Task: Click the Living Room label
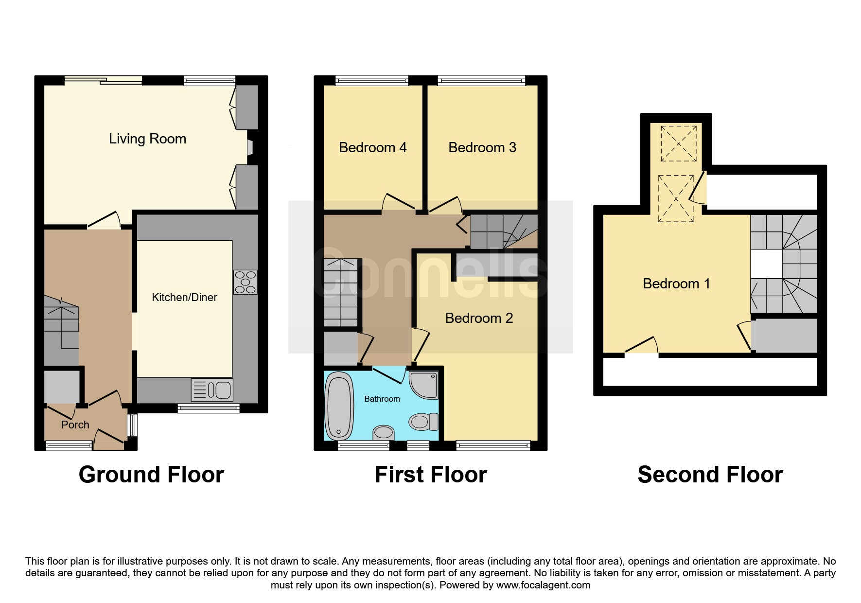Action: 147,139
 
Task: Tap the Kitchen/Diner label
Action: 184,297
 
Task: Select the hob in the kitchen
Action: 246,282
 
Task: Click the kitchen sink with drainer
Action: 212,390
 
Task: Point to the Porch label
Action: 75,425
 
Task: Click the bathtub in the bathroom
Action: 339,406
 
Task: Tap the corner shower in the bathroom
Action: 423,385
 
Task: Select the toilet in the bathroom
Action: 423,422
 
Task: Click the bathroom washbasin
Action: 384,432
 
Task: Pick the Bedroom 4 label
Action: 373,147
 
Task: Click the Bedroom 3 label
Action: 482,147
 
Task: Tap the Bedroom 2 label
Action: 479,318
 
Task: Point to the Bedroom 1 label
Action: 676,284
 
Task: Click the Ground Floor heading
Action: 151,475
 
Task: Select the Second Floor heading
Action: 710,475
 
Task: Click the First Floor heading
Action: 431,475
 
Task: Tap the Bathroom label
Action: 382,399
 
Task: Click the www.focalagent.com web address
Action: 543,585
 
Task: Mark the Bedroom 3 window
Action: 481,81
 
